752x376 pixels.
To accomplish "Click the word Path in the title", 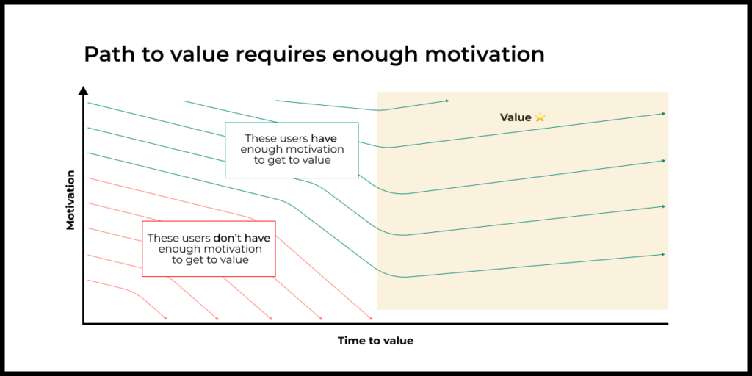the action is click(x=106, y=54).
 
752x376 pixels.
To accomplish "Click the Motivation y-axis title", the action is click(x=70, y=200).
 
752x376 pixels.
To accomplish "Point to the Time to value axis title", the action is click(x=375, y=341).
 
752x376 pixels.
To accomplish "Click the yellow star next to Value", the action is click(x=540, y=117).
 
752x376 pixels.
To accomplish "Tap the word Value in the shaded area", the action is click(x=516, y=117).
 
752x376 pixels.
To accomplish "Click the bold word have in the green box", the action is click(x=327, y=138).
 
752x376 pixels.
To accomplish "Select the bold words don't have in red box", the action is click(x=242, y=238).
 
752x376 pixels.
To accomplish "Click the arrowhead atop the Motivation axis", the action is click(x=84, y=90).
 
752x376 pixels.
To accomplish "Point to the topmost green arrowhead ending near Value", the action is click(x=447, y=101).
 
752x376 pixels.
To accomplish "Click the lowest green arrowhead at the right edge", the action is click(x=663, y=254).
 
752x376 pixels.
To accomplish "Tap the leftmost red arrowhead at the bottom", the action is click(x=165, y=318).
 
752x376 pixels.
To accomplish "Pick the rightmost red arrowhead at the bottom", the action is click(x=370, y=318).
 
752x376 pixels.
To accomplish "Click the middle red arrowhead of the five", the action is click(x=270, y=318).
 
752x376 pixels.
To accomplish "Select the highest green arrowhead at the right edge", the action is click(x=663, y=114).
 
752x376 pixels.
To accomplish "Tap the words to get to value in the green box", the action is click(x=292, y=161).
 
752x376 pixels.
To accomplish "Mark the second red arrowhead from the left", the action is click(x=217, y=318).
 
